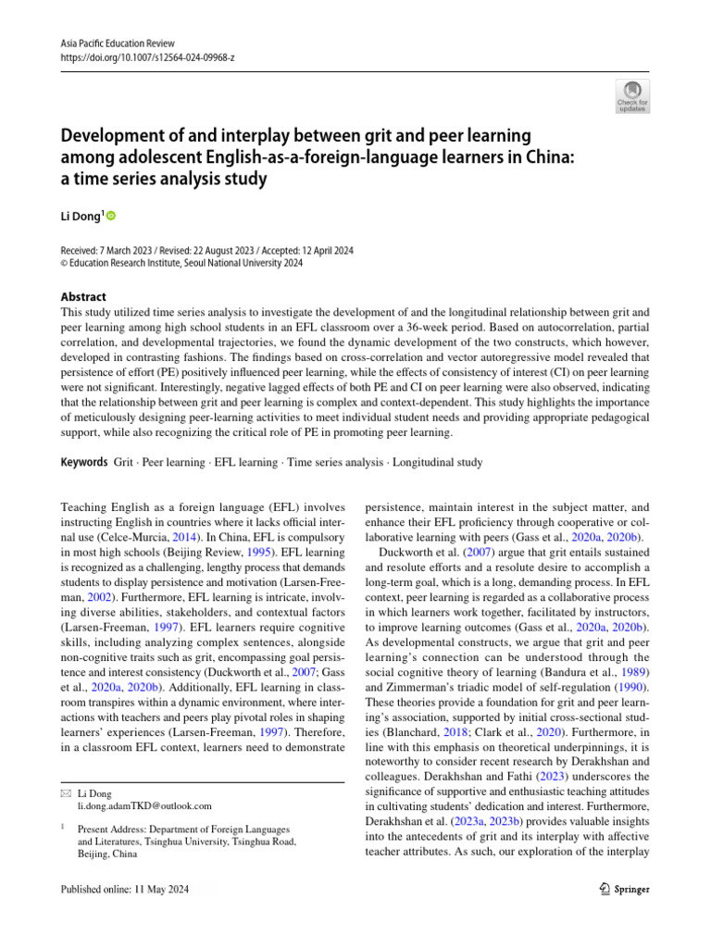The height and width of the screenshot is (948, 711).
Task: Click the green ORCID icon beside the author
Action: click(x=112, y=217)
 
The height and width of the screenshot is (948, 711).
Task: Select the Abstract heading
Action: click(x=81, y=297)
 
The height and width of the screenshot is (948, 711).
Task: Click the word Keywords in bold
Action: click(x=82, y=461)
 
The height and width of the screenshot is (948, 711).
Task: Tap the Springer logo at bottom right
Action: click(x=619, y=889)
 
